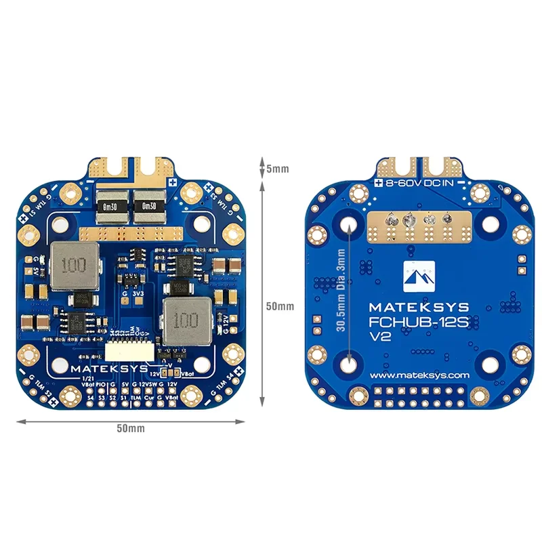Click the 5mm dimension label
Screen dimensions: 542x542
click(x=277, y=169)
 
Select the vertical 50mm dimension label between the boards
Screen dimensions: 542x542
click(x=279, y=306)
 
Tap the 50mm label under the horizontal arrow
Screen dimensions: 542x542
click(x=130, y=428)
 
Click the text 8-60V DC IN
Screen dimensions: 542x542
click(x=421, y=184)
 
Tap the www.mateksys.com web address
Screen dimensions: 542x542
click(x=420, y=375)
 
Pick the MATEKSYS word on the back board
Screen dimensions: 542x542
click(x=417, y=306)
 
